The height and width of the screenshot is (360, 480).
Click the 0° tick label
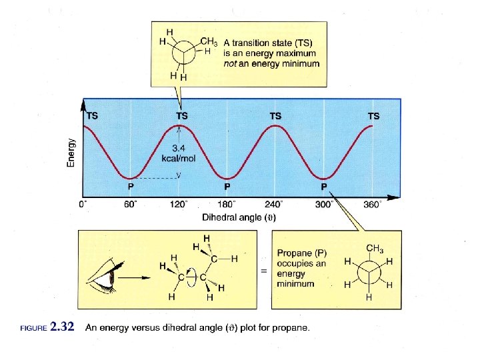[83, 205]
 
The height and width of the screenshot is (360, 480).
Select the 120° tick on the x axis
[178, 205]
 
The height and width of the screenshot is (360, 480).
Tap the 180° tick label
[227, 205]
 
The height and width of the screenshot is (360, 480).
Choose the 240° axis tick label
[275, 205]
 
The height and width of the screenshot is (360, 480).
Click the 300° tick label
[324, 205]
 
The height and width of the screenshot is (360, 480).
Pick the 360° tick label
[372, 205]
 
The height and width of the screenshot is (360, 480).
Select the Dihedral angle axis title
[239, 217]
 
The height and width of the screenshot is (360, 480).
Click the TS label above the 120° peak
[181, 115]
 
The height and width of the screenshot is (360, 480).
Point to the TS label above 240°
[275, 115]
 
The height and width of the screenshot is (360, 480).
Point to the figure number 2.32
[63, 327]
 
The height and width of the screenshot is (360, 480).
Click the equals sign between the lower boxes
[263, 271]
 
